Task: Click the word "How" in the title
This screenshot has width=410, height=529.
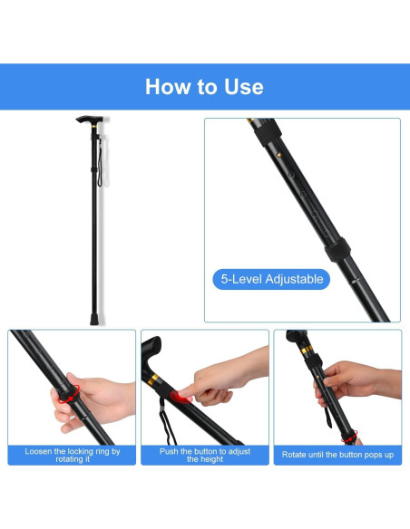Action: (167, 87)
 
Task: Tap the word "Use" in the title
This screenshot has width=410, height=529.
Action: (242, 87)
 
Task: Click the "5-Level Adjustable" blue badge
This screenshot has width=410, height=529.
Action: (272, 279)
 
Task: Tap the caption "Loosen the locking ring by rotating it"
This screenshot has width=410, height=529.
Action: (73, 455)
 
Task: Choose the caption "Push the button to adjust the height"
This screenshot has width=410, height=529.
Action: (205, 455)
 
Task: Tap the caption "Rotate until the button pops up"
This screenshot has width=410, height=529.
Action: (337, 455)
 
